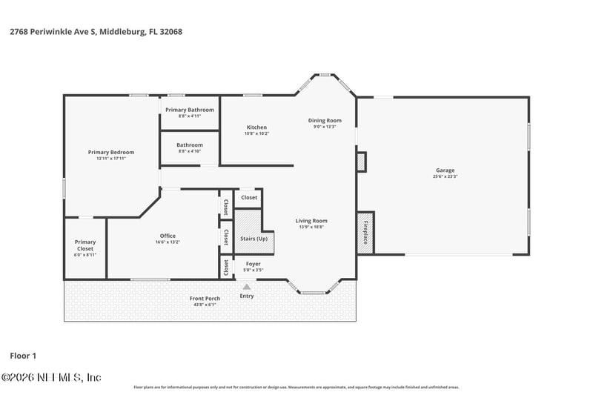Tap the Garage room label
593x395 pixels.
click(x=445, y=170)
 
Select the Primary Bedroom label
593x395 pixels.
click(x=110, y=152)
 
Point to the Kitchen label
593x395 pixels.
click(x=256, y=127)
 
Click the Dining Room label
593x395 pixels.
click(x=325, y=120)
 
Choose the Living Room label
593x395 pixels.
click(x=312, y=220)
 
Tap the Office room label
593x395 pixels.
click(x=168, y=236)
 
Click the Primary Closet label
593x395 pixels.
click(x=85, y=245)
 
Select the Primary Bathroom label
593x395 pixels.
click(x=190, y=110)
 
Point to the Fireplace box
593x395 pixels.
click(x=365, y=233)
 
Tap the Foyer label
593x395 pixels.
click(x=253, y=264)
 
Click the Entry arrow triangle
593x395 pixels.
click(x=247, y=286)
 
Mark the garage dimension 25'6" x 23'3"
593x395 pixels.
click(x=445, y=176)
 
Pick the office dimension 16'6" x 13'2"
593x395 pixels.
click(x=168, y=242)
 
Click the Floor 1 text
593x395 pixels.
click(x=23, y=356)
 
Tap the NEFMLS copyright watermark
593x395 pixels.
click(x=51, y=377)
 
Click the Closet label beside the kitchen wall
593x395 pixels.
click(x=249, y=198)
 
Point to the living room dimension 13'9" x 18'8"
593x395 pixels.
click(x=312, y=227)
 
